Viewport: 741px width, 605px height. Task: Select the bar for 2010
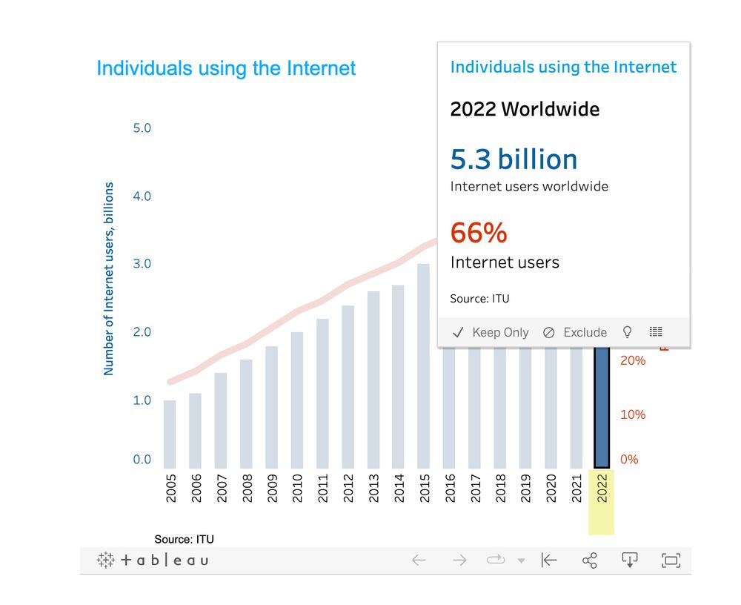click(x=296, y=400)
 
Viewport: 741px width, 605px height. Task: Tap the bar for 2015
click(x=423, y=366)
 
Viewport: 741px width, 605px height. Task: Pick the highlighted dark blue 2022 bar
click(x=602, y=408)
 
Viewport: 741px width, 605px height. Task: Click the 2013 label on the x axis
click(x=373, y=488)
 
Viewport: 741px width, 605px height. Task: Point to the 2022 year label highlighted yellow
click(x=602, y=488)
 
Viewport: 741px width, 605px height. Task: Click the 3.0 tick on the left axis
click(x=142, y=264)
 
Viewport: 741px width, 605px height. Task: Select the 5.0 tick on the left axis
click(x=142, y=128)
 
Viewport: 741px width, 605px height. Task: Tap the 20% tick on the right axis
click(x=633, y=361)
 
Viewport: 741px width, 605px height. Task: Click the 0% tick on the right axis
click(x=629, y=460)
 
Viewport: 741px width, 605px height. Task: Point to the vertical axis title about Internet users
click(x=109, y=278)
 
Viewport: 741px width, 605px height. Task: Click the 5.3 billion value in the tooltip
click(x=514, y=159)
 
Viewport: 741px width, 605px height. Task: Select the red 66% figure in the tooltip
click(x=479, y=233)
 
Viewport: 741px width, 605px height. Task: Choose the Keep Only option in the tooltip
click(x=491, y=332)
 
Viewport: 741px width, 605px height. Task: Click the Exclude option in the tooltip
click(x=575, y=332)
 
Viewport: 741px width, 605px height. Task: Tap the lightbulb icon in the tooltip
click(x=628, y=331)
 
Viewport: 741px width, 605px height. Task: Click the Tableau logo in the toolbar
click(x=153, y=561)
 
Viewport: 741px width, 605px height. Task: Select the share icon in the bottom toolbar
click(x=590, y=561)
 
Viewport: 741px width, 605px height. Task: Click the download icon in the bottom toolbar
click(x=629, y=561)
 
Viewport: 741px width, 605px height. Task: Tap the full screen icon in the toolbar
click(x=671, y=561)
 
